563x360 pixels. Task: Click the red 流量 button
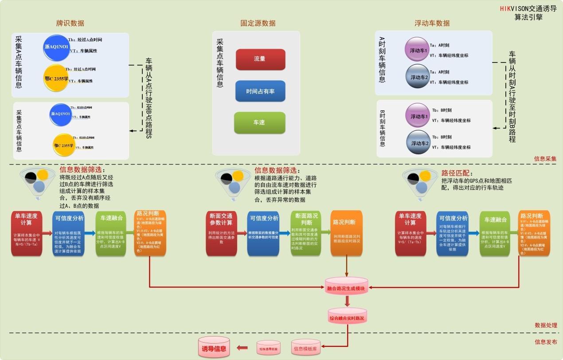[260, 59]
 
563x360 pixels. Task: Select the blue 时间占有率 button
[260, 91]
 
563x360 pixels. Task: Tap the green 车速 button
[259, 122]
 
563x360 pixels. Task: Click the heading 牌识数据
[70, 23]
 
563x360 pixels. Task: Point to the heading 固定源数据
[258, 23]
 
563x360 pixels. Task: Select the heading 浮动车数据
[432, 23]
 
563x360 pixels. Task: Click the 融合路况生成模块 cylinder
[346, 288]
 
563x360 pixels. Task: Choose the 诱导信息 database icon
[214, 348]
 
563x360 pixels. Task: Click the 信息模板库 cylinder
[305, 348]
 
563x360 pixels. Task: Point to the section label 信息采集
[545, 158]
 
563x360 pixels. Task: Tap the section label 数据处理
[545, 325]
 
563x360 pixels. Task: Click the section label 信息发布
[545, 342]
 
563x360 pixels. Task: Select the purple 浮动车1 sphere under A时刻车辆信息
[418, 50]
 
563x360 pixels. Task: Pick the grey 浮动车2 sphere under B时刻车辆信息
[418, 143]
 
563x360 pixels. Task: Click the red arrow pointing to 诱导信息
[242, 348]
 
